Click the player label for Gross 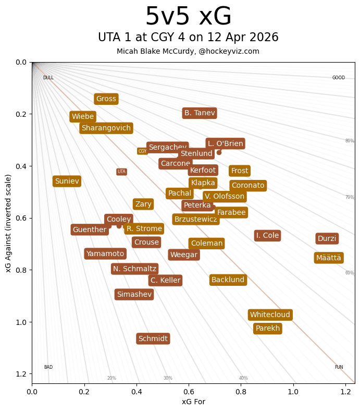[106, 99]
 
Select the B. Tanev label [200, 113]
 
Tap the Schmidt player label [153, 339]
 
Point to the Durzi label [327, 239]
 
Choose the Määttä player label [328, 258]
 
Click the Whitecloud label [270, 315]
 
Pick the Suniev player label [67, 182]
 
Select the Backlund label [228, 280]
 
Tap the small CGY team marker [142, 151]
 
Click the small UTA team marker [121, 172]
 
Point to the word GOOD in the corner [339, 78]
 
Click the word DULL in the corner [48, 78]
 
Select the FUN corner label [339, 367]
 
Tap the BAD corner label [48, 367]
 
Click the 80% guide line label [349, 141]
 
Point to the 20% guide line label [111, 378]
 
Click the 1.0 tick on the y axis [20, 322]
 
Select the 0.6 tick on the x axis [189, 392]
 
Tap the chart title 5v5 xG [188, 17]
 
